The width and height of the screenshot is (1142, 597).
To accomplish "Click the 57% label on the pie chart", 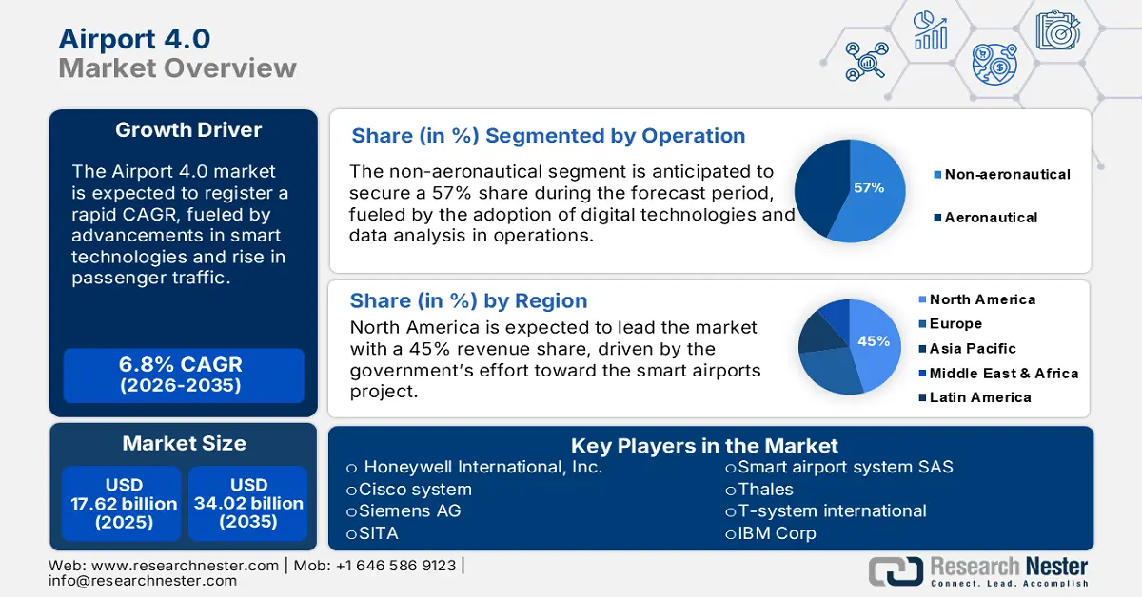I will tap(868, 188).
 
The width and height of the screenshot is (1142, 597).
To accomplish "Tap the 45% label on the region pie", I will tap(874, 341).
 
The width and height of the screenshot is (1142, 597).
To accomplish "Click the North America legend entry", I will tap(980, 299).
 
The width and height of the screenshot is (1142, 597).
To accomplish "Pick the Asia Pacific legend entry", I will tap(971, 349).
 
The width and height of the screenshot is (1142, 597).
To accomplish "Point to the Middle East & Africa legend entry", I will tap(1002, 374).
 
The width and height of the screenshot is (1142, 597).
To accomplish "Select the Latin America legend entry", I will tap(978, 397).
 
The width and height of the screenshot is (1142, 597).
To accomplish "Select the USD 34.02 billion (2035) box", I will tap(248, 503).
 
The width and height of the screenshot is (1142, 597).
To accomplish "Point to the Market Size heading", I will tap(184, 443).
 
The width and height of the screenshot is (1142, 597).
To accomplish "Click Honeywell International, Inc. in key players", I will tap(482, 467).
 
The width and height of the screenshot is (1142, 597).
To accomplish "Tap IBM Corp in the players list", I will tap(776, 533).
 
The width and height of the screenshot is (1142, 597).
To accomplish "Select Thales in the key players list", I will tap(764, 489).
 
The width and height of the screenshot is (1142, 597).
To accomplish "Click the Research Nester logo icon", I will tap(895, 569).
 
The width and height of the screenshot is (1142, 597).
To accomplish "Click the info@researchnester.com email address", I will tap(143, 580).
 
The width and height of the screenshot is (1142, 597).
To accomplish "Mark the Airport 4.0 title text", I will tap(134, 39).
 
